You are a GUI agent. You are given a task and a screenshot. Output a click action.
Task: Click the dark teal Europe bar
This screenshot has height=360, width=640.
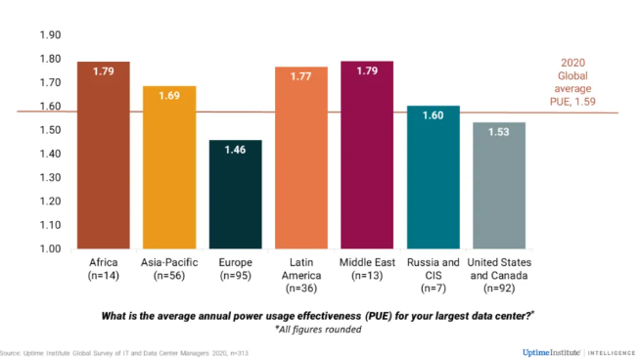click(236, 195)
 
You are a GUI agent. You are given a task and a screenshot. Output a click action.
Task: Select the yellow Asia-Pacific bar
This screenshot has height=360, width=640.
click(169, 167)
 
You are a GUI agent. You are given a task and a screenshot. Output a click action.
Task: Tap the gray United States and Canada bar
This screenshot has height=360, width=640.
click(499, 185)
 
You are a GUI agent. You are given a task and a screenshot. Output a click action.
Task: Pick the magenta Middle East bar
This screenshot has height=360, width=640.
click(367, 156)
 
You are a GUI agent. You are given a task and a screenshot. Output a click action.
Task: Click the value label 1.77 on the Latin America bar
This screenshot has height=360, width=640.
click(300, 76)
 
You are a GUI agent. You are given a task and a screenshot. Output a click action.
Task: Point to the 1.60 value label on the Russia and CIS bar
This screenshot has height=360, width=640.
click(434, 115)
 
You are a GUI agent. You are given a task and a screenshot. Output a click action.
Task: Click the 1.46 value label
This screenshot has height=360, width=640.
click(236, 150)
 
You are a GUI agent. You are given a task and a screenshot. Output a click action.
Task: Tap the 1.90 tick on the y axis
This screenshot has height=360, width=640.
click(50, 35)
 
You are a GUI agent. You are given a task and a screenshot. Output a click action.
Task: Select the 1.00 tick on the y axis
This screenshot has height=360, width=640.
click(50, 248)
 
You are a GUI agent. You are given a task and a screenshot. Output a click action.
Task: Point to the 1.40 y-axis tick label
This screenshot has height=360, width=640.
click(50, 154)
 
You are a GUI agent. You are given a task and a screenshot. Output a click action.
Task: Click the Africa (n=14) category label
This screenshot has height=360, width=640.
click(104, 269)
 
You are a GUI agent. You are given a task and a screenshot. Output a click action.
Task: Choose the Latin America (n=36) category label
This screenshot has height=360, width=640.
click(301, 276)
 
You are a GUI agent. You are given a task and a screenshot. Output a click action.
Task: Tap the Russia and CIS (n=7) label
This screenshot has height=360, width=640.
click(434, 276)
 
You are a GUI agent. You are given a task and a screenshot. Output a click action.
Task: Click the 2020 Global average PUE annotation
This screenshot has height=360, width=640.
click(572, 82)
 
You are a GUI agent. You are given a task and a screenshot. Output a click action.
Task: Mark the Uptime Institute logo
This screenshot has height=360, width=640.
click(551, 352)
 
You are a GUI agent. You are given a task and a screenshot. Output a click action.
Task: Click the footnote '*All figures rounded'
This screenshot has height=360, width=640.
click(318, 330)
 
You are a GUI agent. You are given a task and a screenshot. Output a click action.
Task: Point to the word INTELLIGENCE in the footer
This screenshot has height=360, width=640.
click(612, 353)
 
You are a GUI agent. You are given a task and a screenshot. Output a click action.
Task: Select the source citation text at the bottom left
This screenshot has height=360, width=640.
click(124, 353)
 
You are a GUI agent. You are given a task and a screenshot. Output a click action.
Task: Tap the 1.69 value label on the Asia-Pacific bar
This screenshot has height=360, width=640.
click(169, 96)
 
